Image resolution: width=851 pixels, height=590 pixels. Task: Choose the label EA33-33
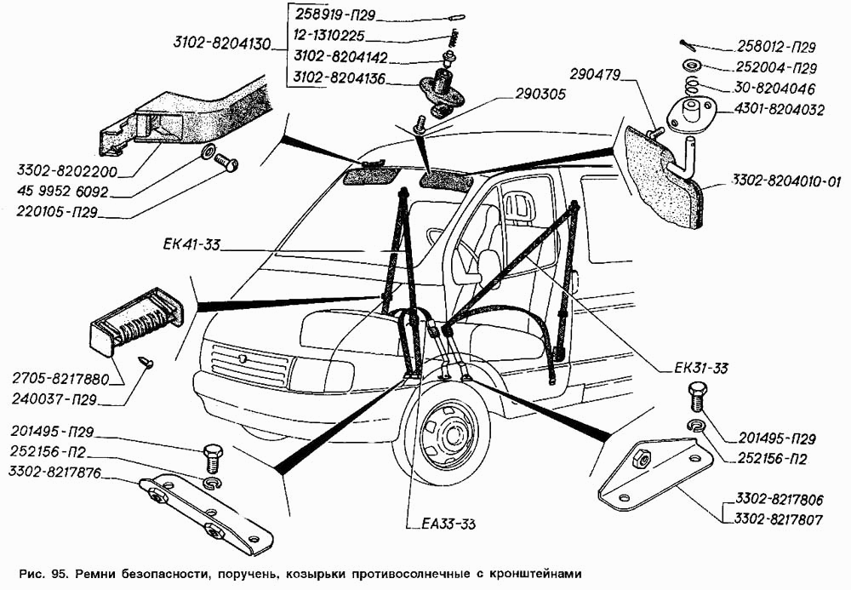pyautogui.click(x=441, y=524)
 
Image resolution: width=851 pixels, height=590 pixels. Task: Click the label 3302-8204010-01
pyautogui.click(x=784, y=180)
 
